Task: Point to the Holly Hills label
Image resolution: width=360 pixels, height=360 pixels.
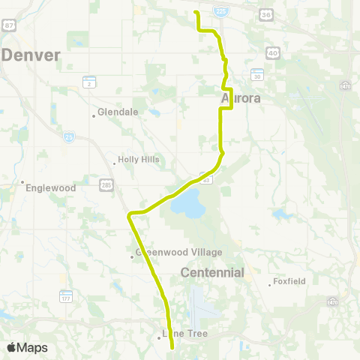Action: click(136, 160)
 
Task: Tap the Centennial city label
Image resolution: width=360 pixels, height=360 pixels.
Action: click(213, 272)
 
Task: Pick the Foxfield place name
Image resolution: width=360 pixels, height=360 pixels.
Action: click(289, 283)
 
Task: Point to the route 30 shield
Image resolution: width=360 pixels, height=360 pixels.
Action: click(257, 76)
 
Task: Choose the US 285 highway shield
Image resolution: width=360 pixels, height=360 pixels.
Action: click(106, 183)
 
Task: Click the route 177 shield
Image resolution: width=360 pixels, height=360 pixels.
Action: click(66, 298)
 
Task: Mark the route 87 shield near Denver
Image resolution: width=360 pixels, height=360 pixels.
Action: click(9, 25)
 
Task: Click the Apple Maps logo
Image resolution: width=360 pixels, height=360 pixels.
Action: click(27, 347)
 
